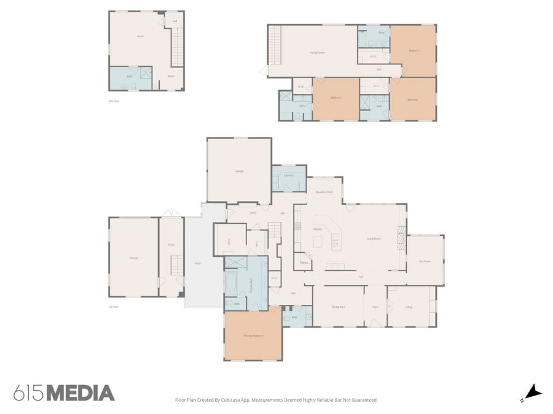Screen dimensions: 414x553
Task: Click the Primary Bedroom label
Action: [253, 335]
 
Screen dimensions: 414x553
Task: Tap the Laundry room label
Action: [289, 175]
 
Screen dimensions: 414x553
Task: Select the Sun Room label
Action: [425, 261]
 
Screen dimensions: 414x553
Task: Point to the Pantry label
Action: [304, 263]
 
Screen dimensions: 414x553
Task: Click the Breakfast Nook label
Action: [324, 192]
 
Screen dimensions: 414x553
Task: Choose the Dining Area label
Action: [337, 307]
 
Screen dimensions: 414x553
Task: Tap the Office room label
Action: [409, 307]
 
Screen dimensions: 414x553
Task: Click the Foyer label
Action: [375, 307]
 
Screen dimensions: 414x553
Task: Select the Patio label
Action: [198, 263]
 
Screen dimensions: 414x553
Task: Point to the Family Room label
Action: [317, 53]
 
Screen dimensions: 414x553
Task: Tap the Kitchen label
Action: [318, 229]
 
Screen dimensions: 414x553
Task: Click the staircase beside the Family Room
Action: [274, 45]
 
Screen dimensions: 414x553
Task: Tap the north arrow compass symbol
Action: [532, 391]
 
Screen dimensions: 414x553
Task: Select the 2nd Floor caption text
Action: [114, 101]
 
